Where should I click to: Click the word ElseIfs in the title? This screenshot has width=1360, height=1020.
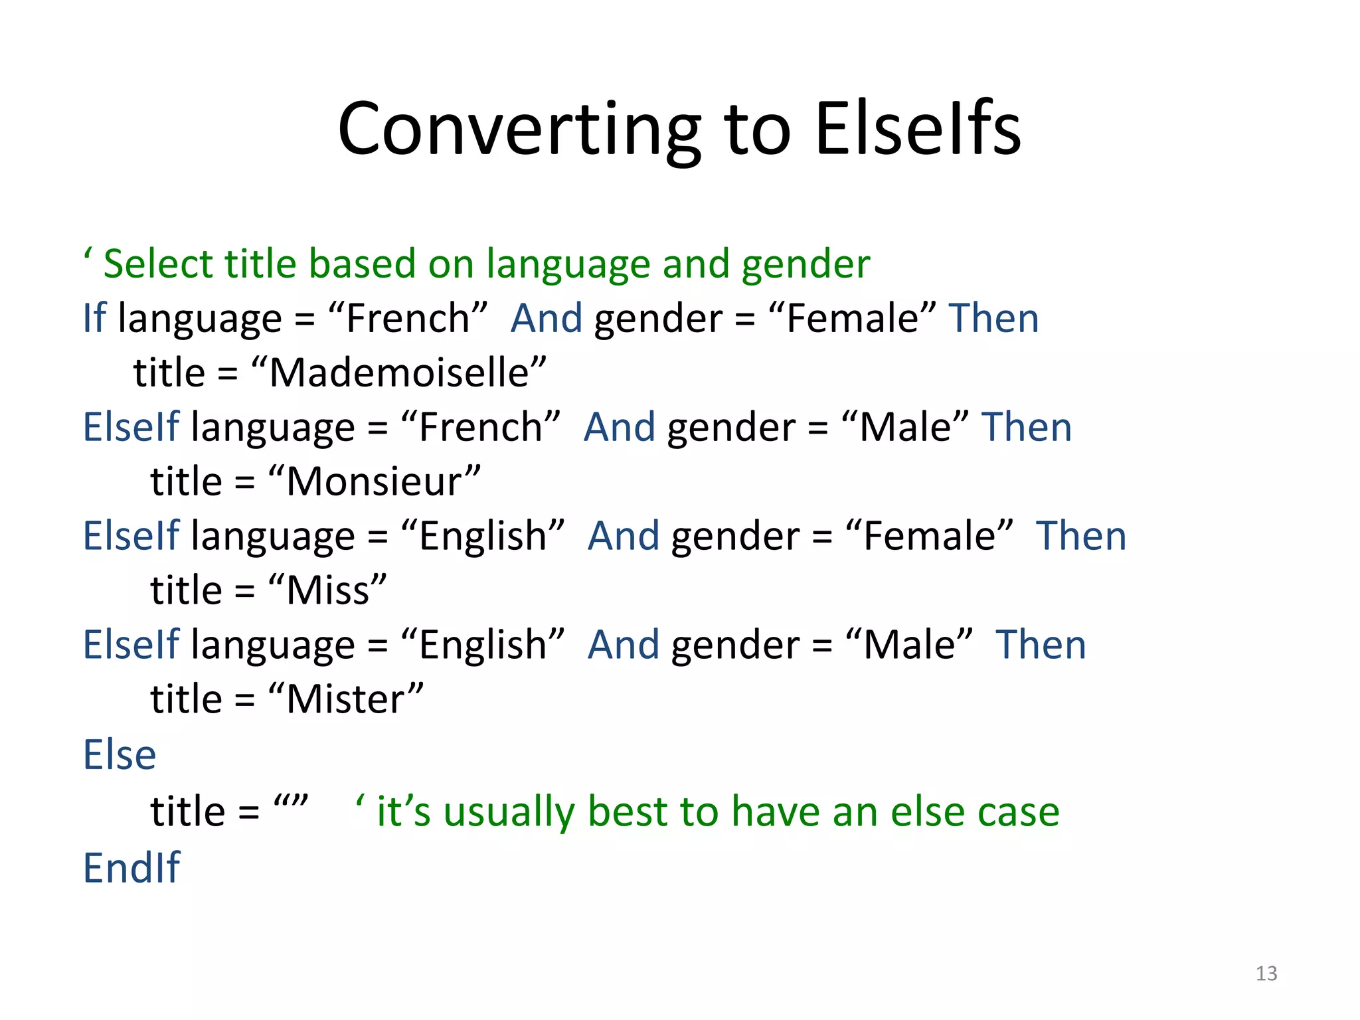coord(918,129)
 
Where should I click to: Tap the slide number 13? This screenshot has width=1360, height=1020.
coord(1266,974)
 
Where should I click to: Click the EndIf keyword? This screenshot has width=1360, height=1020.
coord(131,867)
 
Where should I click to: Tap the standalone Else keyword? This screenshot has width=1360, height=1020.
coord(120,755)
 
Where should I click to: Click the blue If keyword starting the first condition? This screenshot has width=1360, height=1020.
coord(94,318)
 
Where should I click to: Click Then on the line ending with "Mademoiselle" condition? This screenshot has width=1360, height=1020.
coord(993,318)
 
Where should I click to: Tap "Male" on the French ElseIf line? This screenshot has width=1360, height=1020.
coord(905,427)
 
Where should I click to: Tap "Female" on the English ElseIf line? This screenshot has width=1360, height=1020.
coord(930,536)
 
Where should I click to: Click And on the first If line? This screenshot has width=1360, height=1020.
coord(547,318)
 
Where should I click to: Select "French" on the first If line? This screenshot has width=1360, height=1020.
coord(408,318)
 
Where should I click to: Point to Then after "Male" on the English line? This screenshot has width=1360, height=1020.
coord(1041,645)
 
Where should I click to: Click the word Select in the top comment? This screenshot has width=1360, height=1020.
coord(158,264)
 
